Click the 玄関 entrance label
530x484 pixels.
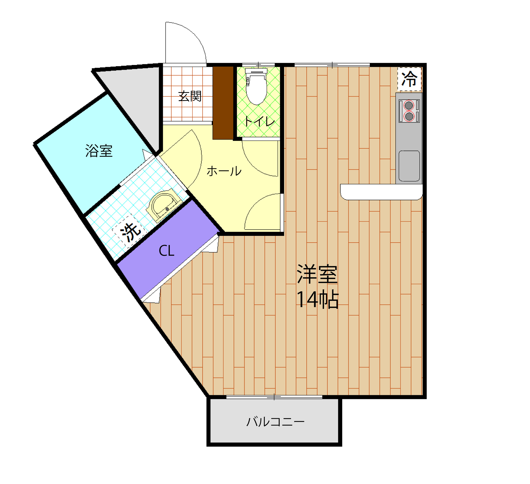190,96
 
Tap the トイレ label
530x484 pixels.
259,121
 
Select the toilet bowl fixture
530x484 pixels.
256,88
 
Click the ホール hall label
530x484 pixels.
224,171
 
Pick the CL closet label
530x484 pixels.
166,251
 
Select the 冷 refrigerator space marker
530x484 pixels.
409,79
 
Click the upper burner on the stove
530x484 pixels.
409,106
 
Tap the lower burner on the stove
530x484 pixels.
409,116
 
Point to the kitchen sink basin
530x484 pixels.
409,166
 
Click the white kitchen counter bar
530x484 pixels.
381,192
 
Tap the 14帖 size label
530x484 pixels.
317,299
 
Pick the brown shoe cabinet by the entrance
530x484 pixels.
223,103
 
